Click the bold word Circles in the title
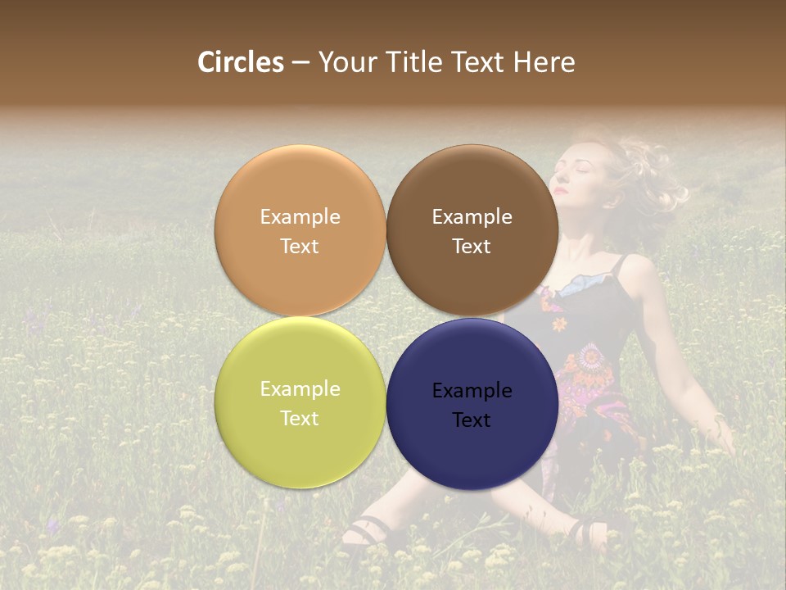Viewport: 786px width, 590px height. click(240, 62)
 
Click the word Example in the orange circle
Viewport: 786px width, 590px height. click(300, 217)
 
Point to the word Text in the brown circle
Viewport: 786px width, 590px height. click(472, 247)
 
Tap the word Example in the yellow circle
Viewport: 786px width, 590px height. click(300, 389)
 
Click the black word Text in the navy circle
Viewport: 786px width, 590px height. click(472, 420)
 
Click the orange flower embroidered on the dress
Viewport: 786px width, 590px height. click(560, 324)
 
